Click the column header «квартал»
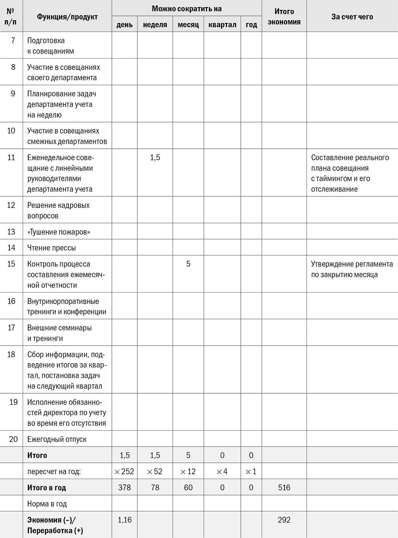pyautogui.click(x=222, y=25)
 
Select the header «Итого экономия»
pyautogui.click(x=284, y=17)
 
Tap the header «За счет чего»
pyautogui.click(x=352, y=17)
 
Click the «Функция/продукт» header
pyautogui.click(x=67, y=17)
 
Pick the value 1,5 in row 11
pyautogui.click(x=155, y=157)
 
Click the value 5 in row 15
pyautogui.click(x=188, y=264)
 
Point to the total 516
pyautogui.click(x=284, y=488)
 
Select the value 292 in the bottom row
pyautogui.click(x=284, y=520)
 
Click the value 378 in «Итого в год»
pyautogui.click(x=125, y=488)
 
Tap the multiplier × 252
pyautogui.click(x=125, y=472)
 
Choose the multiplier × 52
pyautogui.click(x=155, y=472)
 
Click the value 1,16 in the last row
pyautogui.click(x=125, y=520)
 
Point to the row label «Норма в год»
pyautogui.click(x=47, y=504)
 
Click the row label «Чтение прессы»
pyautogui.click(x=51, y=248)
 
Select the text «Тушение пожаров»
pyautogui.click(x=59, y=232)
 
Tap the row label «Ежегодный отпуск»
pyautogui.click(x=57, y=439)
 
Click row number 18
pyautogui.click(x=11, y=354)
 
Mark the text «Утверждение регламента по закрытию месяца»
pyautogui.click(x=352, y=269)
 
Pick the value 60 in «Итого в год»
pyautogui.click(x=188, y=488)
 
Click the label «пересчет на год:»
pyautogui.click(x=54, y=472)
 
